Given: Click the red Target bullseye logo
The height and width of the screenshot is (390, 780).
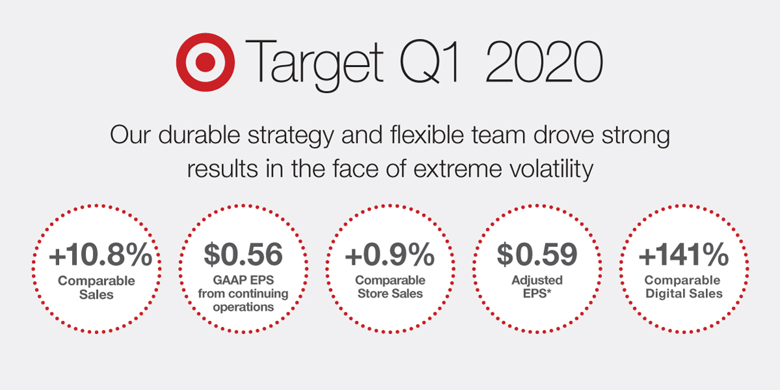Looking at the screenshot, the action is point(205,62).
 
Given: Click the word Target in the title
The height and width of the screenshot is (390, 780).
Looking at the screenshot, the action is point(315,66).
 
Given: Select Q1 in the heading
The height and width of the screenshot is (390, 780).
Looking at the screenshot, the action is point(429,62).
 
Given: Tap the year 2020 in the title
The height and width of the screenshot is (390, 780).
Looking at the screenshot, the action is point(544,62).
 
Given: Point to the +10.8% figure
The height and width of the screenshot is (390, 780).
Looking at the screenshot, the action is point(101,255).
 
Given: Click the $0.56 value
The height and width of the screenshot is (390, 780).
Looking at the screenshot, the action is point(243,254).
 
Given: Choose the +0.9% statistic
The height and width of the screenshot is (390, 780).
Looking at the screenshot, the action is point(389,255).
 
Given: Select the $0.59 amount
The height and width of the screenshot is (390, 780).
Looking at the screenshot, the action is point(537,254).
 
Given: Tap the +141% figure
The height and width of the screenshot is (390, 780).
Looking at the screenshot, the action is point(684,255).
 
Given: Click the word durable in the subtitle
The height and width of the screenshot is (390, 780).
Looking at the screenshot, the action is point(199,135).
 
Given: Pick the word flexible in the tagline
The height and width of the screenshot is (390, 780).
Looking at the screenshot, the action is point(427,135).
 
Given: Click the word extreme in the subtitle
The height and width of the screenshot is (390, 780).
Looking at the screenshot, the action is point(458,169).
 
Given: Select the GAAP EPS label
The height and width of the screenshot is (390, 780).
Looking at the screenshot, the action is point(243,280).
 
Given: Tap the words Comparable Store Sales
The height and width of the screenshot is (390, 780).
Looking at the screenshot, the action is point(390,287).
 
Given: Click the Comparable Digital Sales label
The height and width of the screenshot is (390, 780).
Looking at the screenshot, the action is point(683,287).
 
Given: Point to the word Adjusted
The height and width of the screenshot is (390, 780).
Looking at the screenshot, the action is point(537,280).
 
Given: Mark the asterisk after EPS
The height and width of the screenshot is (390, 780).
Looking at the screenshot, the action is point(549,291).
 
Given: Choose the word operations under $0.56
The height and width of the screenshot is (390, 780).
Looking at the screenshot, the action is point(243,307).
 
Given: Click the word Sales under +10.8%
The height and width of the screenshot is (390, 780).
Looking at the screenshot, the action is point(96,294).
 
